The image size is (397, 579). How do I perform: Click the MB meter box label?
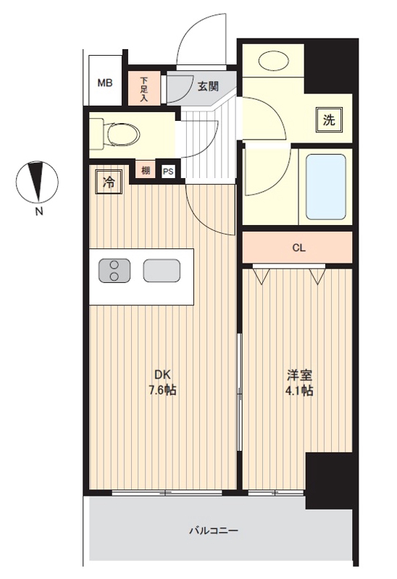pyautogui.click(x=104, y=83)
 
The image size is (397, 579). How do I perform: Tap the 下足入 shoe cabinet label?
pyautogui.click(x=143, y=89)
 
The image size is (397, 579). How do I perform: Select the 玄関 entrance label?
pyautogui.click(x=208, y=87)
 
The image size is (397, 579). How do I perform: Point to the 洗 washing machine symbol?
pyautogui.click(x=329, y=119)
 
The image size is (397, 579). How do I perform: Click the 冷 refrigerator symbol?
pyautogui.click(x=109, y=182)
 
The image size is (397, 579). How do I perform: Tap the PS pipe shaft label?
pyautogui.click(x=168, y=172)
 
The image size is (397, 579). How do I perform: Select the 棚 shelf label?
pyautogui.click(x=146, y=171)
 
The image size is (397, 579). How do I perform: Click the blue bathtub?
pyautogui.click(x=326, y=187)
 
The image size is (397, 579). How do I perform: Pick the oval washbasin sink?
pyautogui.click(x=274, y=60)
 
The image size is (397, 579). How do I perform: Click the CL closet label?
pyautogui.click(x=298, y=248)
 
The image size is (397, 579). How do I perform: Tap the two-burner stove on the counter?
pyautogui.click(x=114, y=271)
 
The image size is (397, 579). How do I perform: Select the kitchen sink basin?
pyautogui.click(x=162, y=270)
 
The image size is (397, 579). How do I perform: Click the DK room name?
pyautogui.click(x=162, y=375)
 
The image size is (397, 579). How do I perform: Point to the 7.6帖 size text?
pyautogui.click(x=162, y=390)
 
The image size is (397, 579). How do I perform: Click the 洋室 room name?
pyautogui.click(x=300, y=375)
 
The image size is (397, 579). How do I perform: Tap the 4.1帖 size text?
pyautogui.click(x=299, y=390)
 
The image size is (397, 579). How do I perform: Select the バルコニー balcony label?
pyautogui.click(x=214, y=531)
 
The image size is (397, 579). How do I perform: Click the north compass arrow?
pyautogui.click(x=37, y=181)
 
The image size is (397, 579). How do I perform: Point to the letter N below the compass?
pyautogui.click(x=39, y=211)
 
